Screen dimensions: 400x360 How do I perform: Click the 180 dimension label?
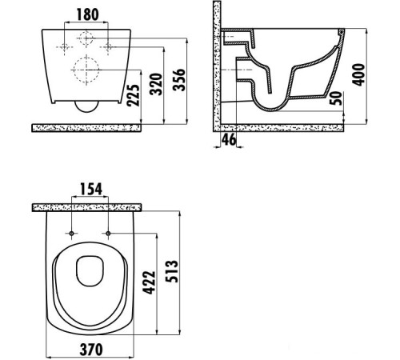point(87,14)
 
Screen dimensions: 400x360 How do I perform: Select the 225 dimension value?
point(133,95)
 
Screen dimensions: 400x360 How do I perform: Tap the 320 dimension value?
point(156,84)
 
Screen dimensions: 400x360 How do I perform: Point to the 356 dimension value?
point(178,80)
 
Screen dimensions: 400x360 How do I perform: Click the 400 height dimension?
point(358,74)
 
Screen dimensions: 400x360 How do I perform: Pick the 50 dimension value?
point(336,98)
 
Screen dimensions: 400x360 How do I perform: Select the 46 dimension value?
point(229,139)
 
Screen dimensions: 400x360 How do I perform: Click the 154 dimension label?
point(91,189)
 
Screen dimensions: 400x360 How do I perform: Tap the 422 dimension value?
point(149,282)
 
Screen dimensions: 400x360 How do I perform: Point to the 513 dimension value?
point(171,271)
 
